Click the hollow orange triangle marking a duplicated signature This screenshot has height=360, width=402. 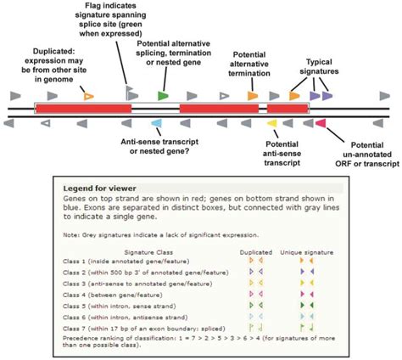click(90, 96)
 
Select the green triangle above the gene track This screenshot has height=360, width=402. click(163, 96)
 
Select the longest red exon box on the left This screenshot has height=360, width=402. click(83, 110)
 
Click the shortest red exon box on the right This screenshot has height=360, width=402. click(288, 110)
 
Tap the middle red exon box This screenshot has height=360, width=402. click(218, 110)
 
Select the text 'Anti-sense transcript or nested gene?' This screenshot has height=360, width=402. click(166, 145)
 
